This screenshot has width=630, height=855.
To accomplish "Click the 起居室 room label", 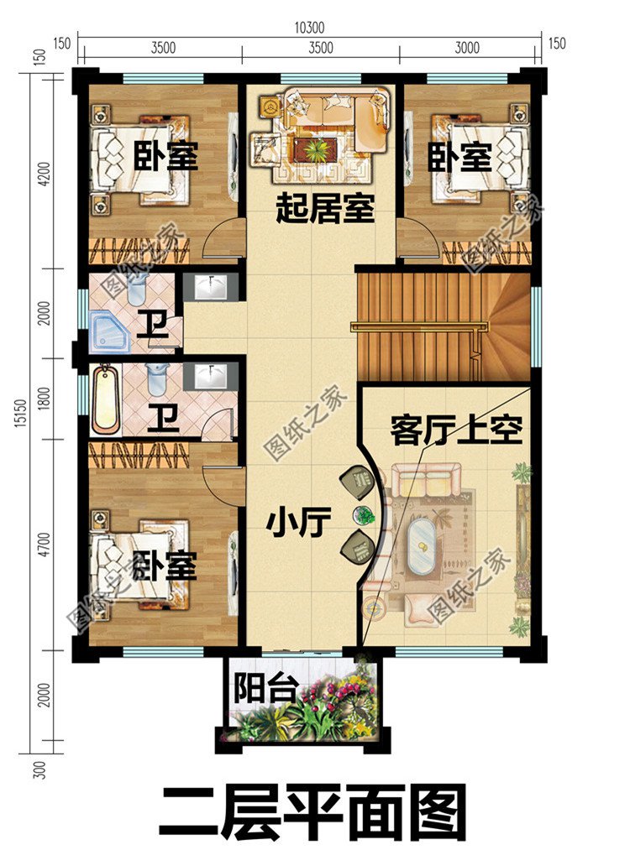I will tap(324, 209).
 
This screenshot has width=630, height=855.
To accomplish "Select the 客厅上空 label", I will tap(456, 431).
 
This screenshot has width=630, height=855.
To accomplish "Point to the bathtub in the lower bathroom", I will tap(107, 400).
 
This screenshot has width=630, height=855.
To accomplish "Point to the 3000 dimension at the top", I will tap(466, 48).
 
